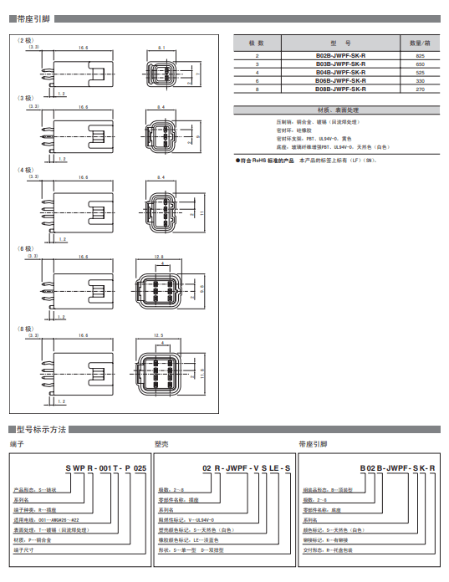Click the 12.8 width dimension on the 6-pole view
click(159, 256)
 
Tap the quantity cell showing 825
click(420, 55)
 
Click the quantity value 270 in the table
click(420, 89)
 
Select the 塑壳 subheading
click(162, 444)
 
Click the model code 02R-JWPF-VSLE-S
click(246, 468)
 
